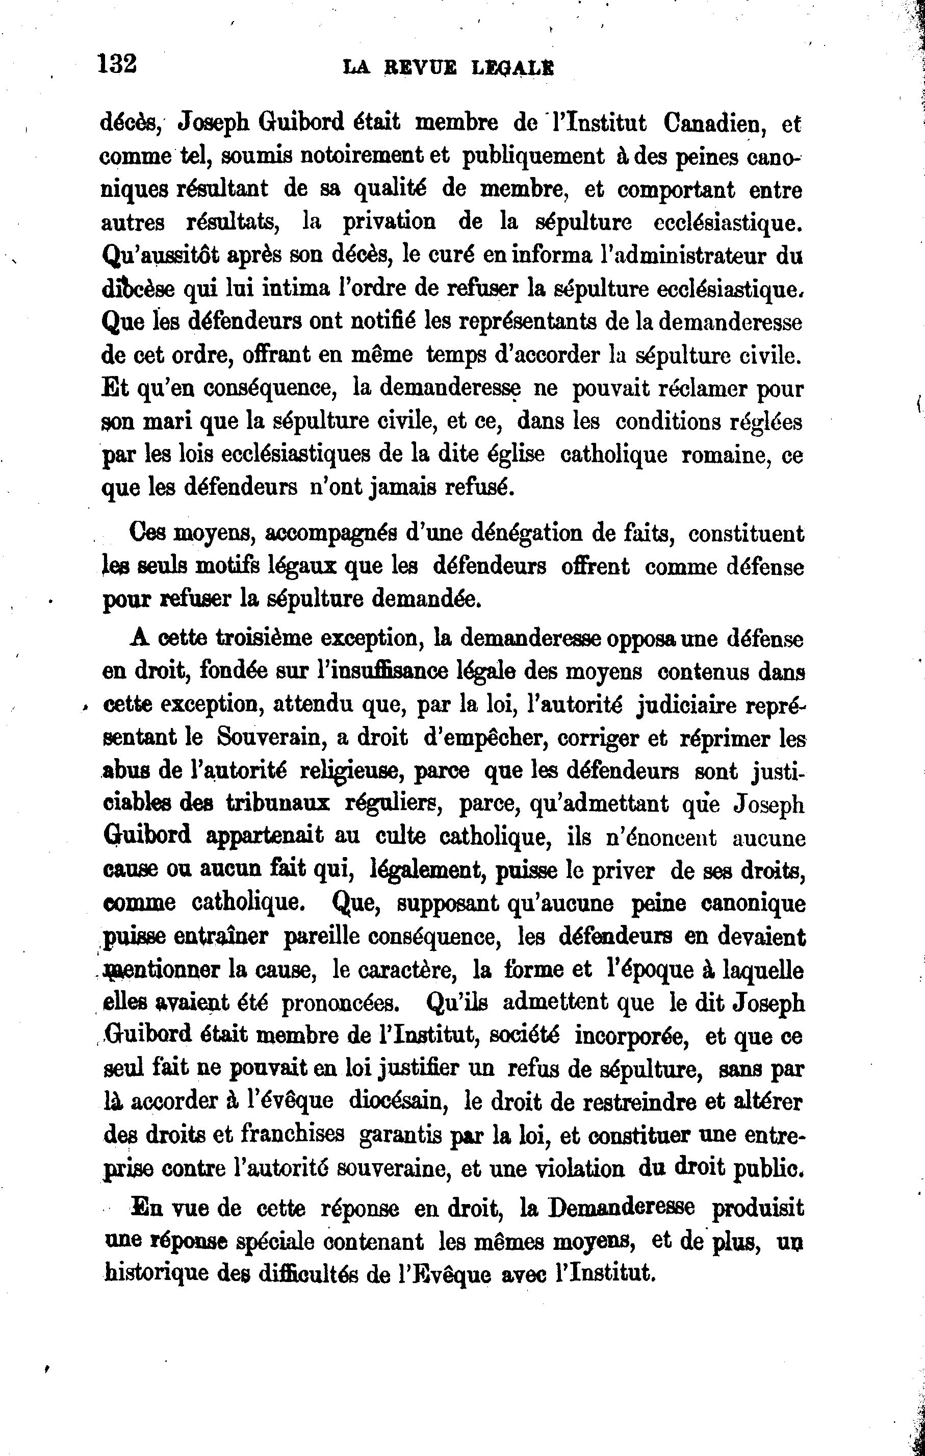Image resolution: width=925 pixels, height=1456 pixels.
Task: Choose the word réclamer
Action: (x=702, y=388)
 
